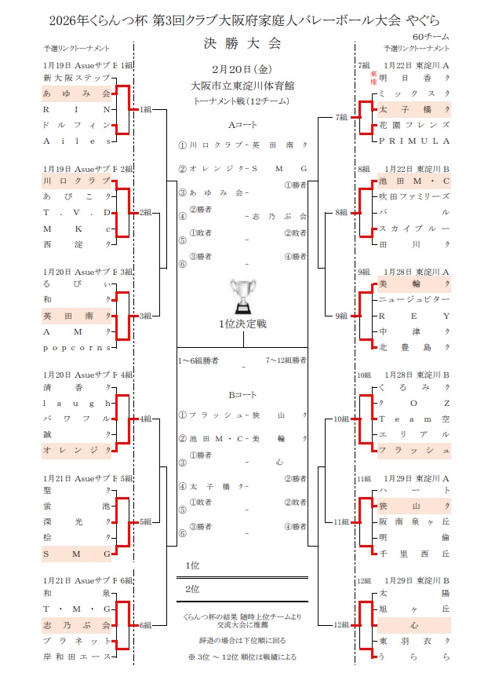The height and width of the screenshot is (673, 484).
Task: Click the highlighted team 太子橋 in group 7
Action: tap(413, 109)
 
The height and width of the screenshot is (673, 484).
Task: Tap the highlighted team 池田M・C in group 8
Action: tap(413, 182)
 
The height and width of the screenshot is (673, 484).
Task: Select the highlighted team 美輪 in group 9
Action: tap(413, 284)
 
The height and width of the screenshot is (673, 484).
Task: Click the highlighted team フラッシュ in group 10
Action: tap(413, 450)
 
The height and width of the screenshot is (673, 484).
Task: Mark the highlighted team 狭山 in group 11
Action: tap(413, 507)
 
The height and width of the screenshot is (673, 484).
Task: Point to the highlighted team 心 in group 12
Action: tap(413, 626)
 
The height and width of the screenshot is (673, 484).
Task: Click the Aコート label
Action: tap(242, 125)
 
